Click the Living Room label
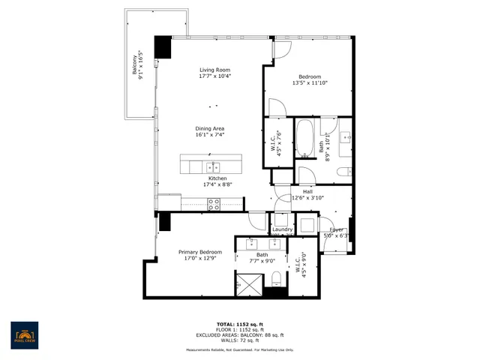tap(214, 70)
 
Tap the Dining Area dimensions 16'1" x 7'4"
tap(210, 136)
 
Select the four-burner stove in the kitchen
tap(214, 202)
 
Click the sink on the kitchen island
tap(212, 165)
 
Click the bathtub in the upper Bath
tap(305, 138)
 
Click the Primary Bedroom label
tap(199, 252)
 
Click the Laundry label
tap(282, 229)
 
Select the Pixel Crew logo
tap(24, 334)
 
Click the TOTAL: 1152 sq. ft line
tap(240, 324)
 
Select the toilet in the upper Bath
tap(344, 172)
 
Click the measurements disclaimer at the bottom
tap(240, 350)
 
